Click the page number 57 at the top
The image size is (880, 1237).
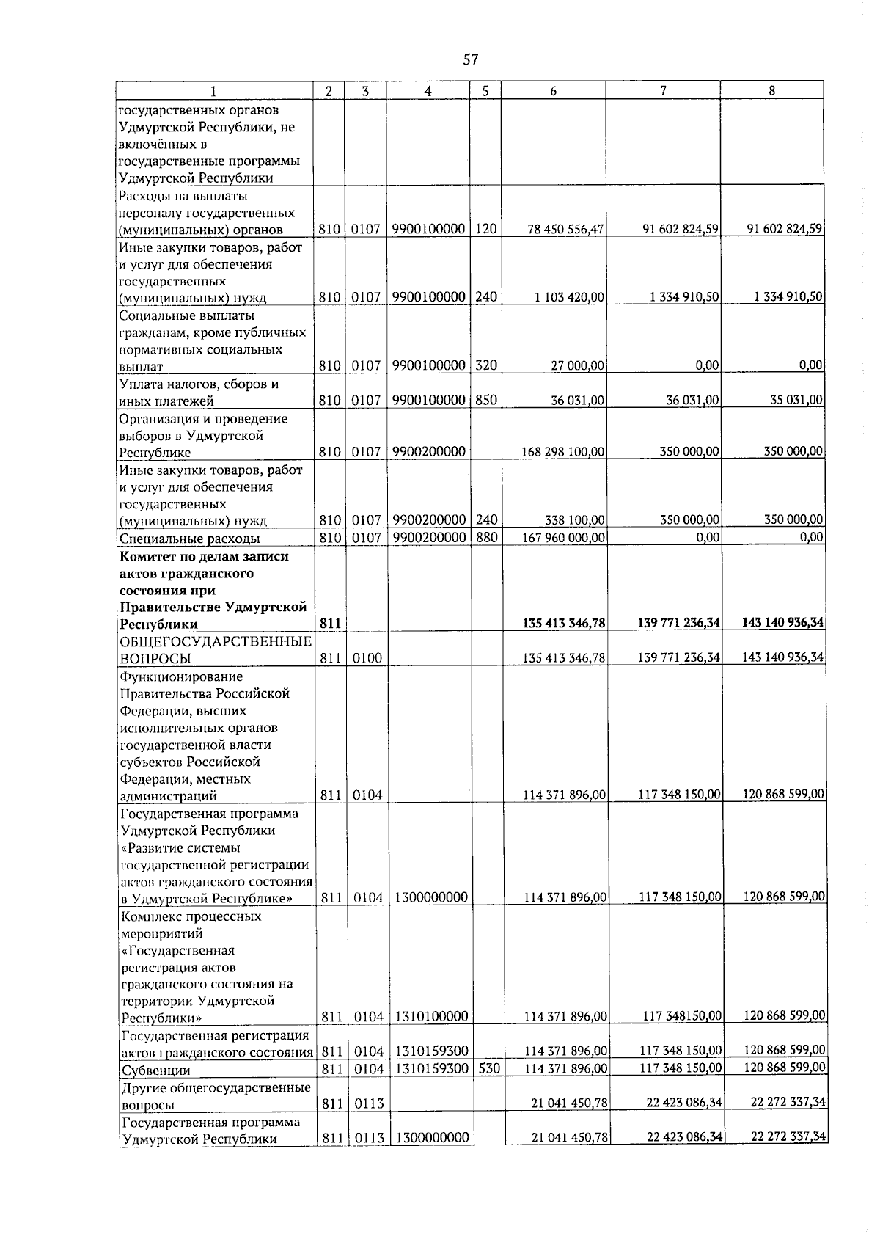(471, 59)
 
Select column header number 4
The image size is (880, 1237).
(428, 91)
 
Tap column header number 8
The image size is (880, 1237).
(771, 91)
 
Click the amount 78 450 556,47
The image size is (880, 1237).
(566, 230)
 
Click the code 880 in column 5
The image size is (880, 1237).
(486, 537)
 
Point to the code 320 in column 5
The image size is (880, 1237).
(486, 365)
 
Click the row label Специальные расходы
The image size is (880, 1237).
(189, 539)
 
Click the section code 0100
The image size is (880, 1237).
(366, 659)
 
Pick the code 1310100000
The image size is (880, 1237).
(431, 1017)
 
